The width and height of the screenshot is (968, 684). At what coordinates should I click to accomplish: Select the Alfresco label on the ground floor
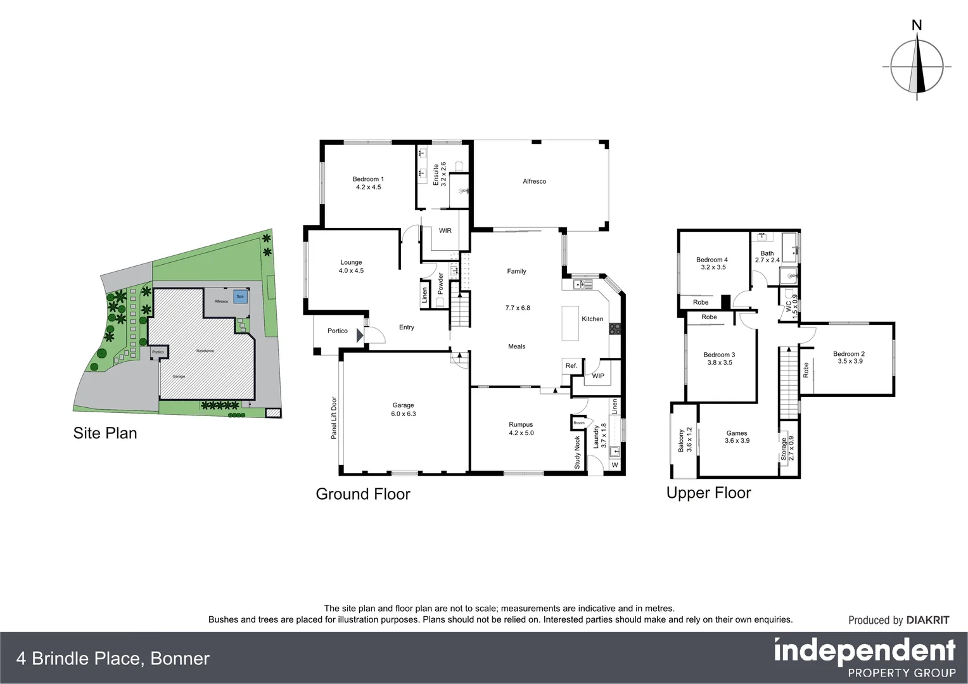[534, 181]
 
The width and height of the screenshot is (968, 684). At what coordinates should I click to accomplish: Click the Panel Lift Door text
[334, 418]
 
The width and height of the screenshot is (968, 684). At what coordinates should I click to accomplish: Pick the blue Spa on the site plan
[240, 296]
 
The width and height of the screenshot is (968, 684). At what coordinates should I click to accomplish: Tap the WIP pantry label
[598, 376]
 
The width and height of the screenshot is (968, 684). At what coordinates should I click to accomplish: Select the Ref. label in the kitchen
[571, 365]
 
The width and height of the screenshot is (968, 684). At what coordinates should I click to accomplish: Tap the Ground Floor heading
[363, 494]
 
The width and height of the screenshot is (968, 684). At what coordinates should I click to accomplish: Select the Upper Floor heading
[708, 493]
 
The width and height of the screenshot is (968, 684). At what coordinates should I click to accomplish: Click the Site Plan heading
[105, 433]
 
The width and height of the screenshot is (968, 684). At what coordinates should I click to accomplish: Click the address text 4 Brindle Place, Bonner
[113, 659]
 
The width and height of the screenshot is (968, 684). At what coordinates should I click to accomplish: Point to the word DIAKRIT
[927, 620]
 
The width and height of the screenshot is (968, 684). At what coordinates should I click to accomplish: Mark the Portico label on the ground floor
[338, 331]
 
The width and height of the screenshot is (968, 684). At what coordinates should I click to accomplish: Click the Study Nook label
[577, 452]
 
